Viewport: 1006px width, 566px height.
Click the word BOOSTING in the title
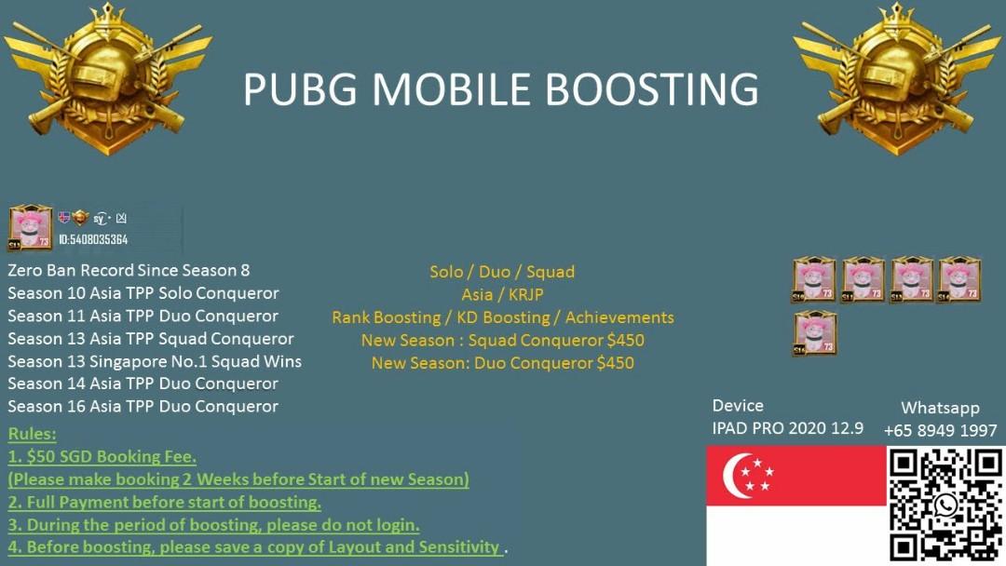(x=651, y=89)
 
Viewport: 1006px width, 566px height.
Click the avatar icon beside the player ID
(x=31, y=228)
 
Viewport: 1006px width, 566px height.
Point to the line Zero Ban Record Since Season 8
(x=129, y=270)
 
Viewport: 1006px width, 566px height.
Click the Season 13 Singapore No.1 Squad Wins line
(x=155, y=360)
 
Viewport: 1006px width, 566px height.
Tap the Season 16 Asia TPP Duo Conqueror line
(x=143, y=406)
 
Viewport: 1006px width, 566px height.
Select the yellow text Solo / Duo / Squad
(x=502, y=272)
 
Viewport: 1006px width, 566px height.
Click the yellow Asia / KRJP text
(x=502, y=294)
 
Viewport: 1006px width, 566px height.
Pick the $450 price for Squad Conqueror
(x=624, y=340)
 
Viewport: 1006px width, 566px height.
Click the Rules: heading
(x=32, y=434)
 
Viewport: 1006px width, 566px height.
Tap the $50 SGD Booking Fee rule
(x=102, y=456)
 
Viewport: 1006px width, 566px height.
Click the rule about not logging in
(x=213, y=524)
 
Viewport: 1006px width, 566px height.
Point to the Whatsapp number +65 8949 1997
(x=940, y=430)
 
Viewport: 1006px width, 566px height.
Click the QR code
(x=945, y=505)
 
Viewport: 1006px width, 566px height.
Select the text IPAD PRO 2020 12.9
(x=787, y=428)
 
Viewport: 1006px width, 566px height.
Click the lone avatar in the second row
(x=814, y=333)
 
